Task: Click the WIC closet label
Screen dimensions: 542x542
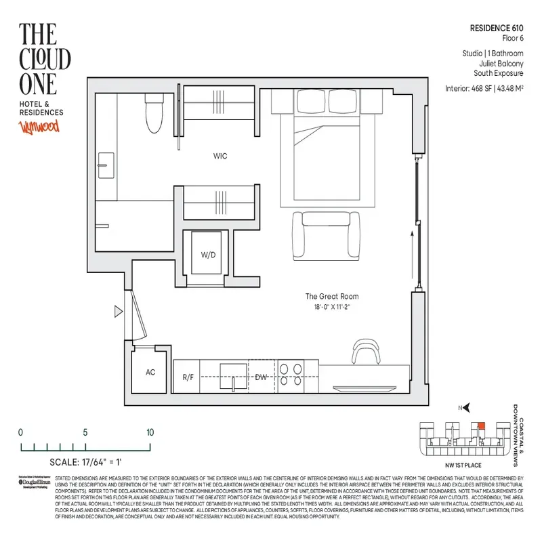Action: [220, 157]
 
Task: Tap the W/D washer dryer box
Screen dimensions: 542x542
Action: [207, 255]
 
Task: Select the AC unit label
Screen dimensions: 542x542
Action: [151, 372]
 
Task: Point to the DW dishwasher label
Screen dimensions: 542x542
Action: [262, 377]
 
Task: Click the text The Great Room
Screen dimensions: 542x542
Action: [332, 297]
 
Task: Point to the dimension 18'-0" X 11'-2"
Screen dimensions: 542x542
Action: [332, 307]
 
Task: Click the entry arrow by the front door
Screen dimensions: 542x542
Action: [119, 312]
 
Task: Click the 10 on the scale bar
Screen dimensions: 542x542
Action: [150, 432]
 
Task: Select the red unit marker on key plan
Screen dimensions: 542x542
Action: [482, 425]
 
